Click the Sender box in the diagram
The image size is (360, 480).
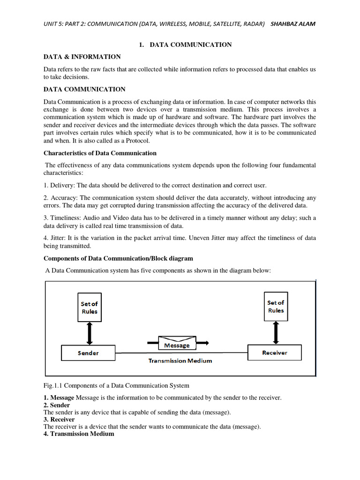tap(88, 352)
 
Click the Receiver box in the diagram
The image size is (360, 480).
tap(274, 352)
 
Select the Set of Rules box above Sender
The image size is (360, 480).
tap(89, 307)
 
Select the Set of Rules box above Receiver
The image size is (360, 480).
tap(276, 307)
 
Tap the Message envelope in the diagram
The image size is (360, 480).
tap(177, 343)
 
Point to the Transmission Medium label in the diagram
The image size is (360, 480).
tap(180, 360)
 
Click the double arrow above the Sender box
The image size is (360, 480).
tap(89, 333)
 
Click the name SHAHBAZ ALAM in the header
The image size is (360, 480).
tap(293, 24)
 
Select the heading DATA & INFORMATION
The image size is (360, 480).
tap(82, 57)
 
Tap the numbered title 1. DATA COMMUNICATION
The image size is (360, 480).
tap(185, 45)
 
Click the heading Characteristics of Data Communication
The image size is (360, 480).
tap(100, 153)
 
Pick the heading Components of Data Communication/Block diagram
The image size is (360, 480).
tap(118, 258)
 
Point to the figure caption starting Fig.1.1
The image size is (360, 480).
tap(116, 386)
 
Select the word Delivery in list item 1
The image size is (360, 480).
tap(62, 185)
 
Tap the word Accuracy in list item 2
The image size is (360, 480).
tap(63, 197)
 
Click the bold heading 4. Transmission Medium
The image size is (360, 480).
tap(79, 434)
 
